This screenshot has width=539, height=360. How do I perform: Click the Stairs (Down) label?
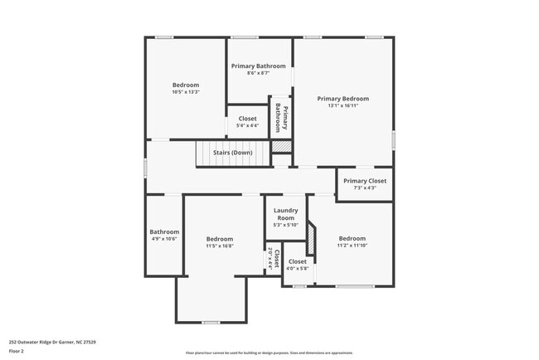[232, 153]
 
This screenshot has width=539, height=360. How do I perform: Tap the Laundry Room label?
[285, 214]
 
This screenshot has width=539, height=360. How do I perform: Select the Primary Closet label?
[365, 181]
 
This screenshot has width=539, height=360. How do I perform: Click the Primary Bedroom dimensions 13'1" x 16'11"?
[342, 106]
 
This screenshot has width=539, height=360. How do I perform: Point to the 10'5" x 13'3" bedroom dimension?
[186, 92]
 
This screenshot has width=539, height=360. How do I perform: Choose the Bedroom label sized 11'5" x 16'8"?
[220, 239]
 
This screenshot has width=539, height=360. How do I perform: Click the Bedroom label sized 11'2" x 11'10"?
[352, 239]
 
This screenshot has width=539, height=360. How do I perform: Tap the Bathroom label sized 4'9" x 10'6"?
[164, 231]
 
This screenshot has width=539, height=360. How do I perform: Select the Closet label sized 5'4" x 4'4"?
[247, 119]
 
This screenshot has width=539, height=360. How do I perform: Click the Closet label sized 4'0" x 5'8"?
[297, 262]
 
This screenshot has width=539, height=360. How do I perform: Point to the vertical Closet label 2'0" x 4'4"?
[273, 259]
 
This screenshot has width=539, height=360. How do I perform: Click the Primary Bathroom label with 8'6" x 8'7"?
[259, 66]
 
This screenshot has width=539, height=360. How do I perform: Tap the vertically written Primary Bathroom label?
[282, 118]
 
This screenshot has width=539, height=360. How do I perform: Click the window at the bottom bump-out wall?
[211, 322]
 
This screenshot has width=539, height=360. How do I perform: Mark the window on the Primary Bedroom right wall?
[393, 139]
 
